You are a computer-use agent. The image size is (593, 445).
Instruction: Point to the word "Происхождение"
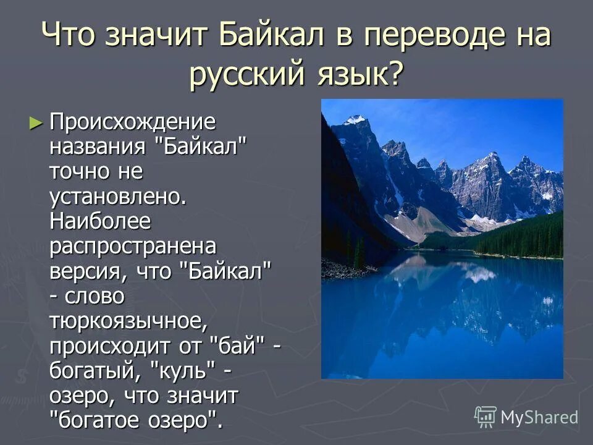coord(133,122)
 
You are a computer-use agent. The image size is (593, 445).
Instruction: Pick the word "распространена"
coord(133,245)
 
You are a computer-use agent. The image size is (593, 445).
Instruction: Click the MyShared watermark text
coord(539,417)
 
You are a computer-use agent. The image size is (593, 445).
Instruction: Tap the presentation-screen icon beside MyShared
coord(486,417)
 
